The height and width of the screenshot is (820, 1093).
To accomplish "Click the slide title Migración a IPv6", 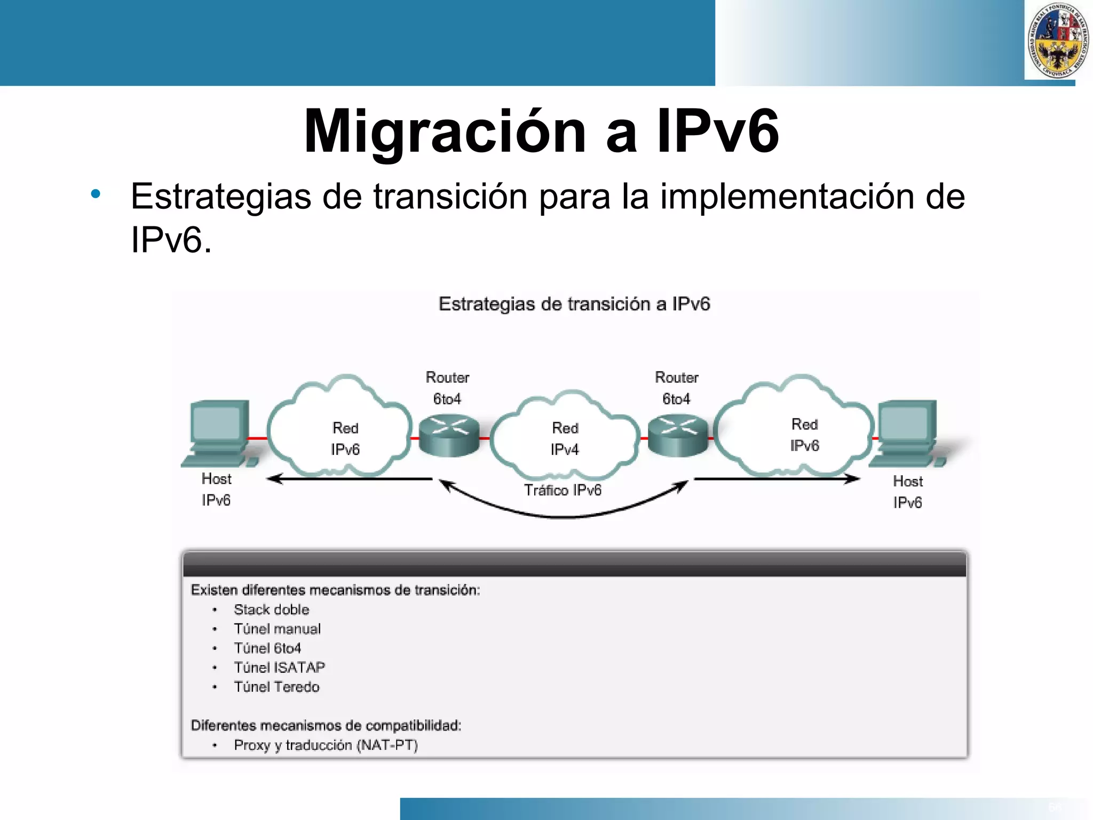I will (541, 131).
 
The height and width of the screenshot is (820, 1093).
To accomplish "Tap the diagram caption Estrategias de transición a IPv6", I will (574, 304).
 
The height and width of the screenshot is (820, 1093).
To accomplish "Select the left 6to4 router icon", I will (449, 437).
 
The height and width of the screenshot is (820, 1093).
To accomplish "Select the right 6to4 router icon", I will (678, 437).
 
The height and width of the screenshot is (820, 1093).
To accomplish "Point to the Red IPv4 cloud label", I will (565, 439).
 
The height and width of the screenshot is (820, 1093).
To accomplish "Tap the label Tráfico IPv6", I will (563, 490).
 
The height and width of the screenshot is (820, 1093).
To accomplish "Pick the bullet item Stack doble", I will (271, 610).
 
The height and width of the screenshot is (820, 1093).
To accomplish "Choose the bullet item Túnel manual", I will (277, 629).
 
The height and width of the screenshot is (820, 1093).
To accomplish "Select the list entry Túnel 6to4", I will (267, 648).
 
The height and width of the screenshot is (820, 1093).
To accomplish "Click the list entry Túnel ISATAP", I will (279, 667).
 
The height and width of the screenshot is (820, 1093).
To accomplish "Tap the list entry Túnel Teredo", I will (276, 687).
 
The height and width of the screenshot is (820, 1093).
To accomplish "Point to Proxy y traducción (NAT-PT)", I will (326, 745).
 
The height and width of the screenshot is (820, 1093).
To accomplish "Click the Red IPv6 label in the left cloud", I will (345, 439).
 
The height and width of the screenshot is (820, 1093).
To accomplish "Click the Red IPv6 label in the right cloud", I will (804, 435).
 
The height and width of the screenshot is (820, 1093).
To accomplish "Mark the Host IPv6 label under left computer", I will (216, 490).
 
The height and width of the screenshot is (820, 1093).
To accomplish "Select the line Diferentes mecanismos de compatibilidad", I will (326, 726).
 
